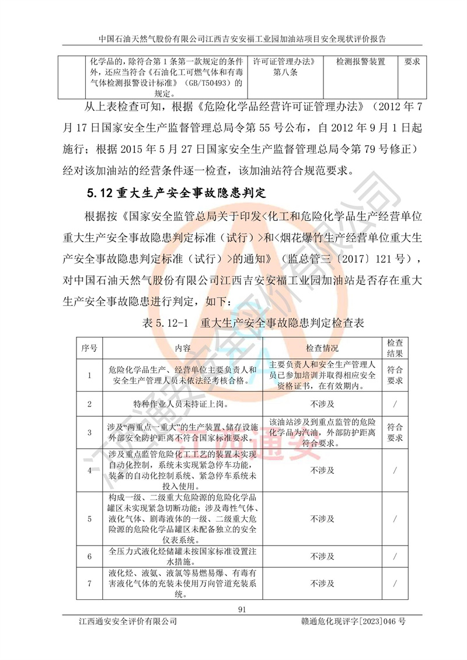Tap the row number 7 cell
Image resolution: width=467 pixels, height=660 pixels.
89,583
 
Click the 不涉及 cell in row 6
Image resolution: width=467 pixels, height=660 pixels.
322,557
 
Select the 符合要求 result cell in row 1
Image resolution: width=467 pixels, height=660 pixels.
395,375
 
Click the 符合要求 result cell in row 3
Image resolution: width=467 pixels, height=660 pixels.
395,432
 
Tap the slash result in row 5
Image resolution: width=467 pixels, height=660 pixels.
395,518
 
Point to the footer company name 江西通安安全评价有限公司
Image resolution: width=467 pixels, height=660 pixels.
128,623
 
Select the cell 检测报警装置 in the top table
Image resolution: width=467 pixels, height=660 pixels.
361,61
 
